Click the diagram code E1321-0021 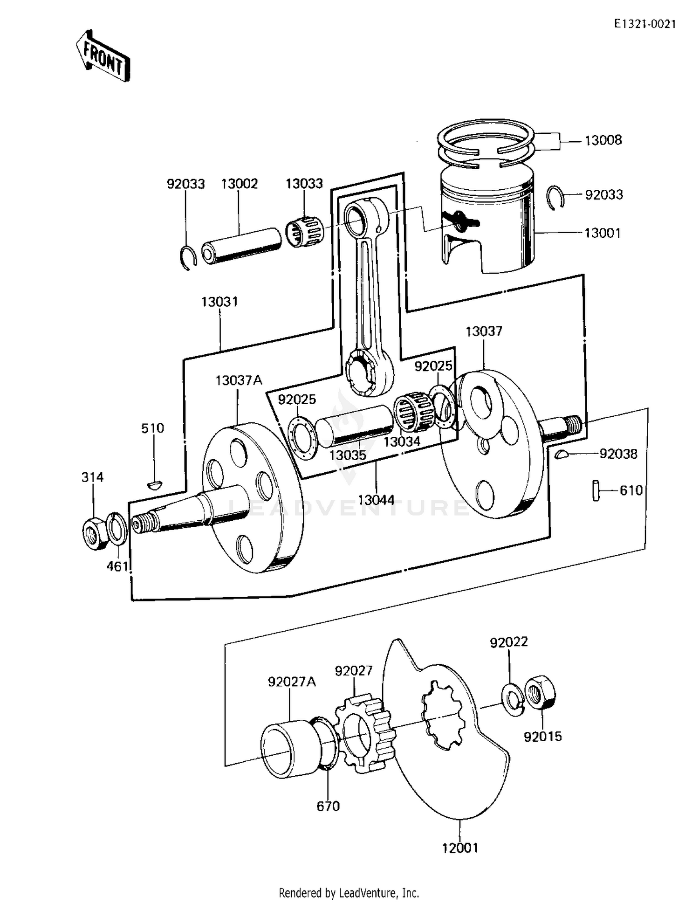pyautogui.click(x=644, y=25)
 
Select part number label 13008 pyautogui.click(x=603, y=140)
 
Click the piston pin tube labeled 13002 pyautogui.click(x=242, y=246)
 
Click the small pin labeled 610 pyautogui.click(x=596, y=490)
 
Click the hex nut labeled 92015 pyautogui.click(x=540, y=692)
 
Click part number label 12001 pyautogui.click(x=460, y=848)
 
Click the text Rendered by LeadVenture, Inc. pyautogui.click(x=349, y=893)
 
